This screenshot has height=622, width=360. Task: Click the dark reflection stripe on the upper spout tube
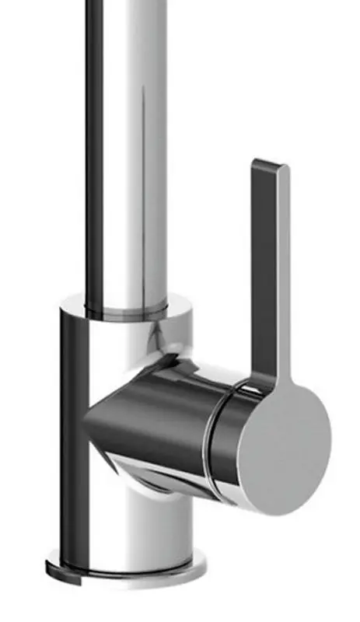[x=94, y=155]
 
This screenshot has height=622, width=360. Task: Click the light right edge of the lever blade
[x=284, y=272]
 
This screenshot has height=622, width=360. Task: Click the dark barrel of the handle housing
[x=156, y=420]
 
